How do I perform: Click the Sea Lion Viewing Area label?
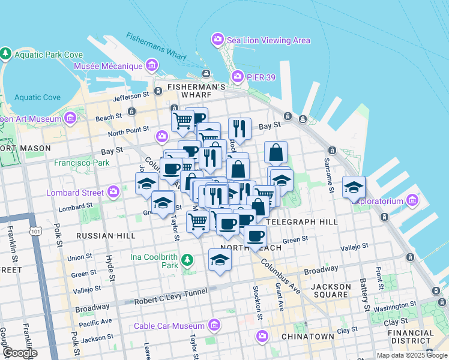[268, 40]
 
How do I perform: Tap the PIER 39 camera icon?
[238, 76]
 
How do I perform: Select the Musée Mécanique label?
[108, 65]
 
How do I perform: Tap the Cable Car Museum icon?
[214, 326]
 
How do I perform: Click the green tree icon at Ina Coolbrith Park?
[188, 260]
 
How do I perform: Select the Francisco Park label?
[82, 163]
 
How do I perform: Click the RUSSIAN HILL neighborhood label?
[106, 236]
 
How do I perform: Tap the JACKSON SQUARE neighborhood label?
[331, 291]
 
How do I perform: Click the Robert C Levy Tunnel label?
[171, 292]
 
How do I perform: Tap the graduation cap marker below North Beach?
[220, 260]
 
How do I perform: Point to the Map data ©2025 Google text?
[411, 355]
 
